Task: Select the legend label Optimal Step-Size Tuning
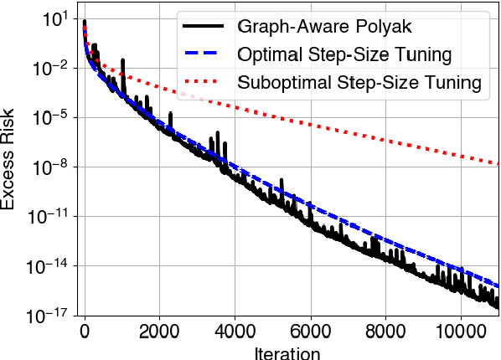pyautogui.click(x=345, y=56)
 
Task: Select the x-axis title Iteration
pyautogui.click(x=288, y=352)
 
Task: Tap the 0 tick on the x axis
pyautogui.click(x=85, y=330)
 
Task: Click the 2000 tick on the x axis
pyautogui.click(x=160, y=330)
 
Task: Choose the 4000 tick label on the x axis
pyautogui.click(x=235, y=330)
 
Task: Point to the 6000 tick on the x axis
pyautogui.click(x=311, y=330)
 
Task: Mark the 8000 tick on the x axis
pyautogui.click(x=386, y=330)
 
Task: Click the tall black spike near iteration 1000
pyautogui.click(x=122, y=62)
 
